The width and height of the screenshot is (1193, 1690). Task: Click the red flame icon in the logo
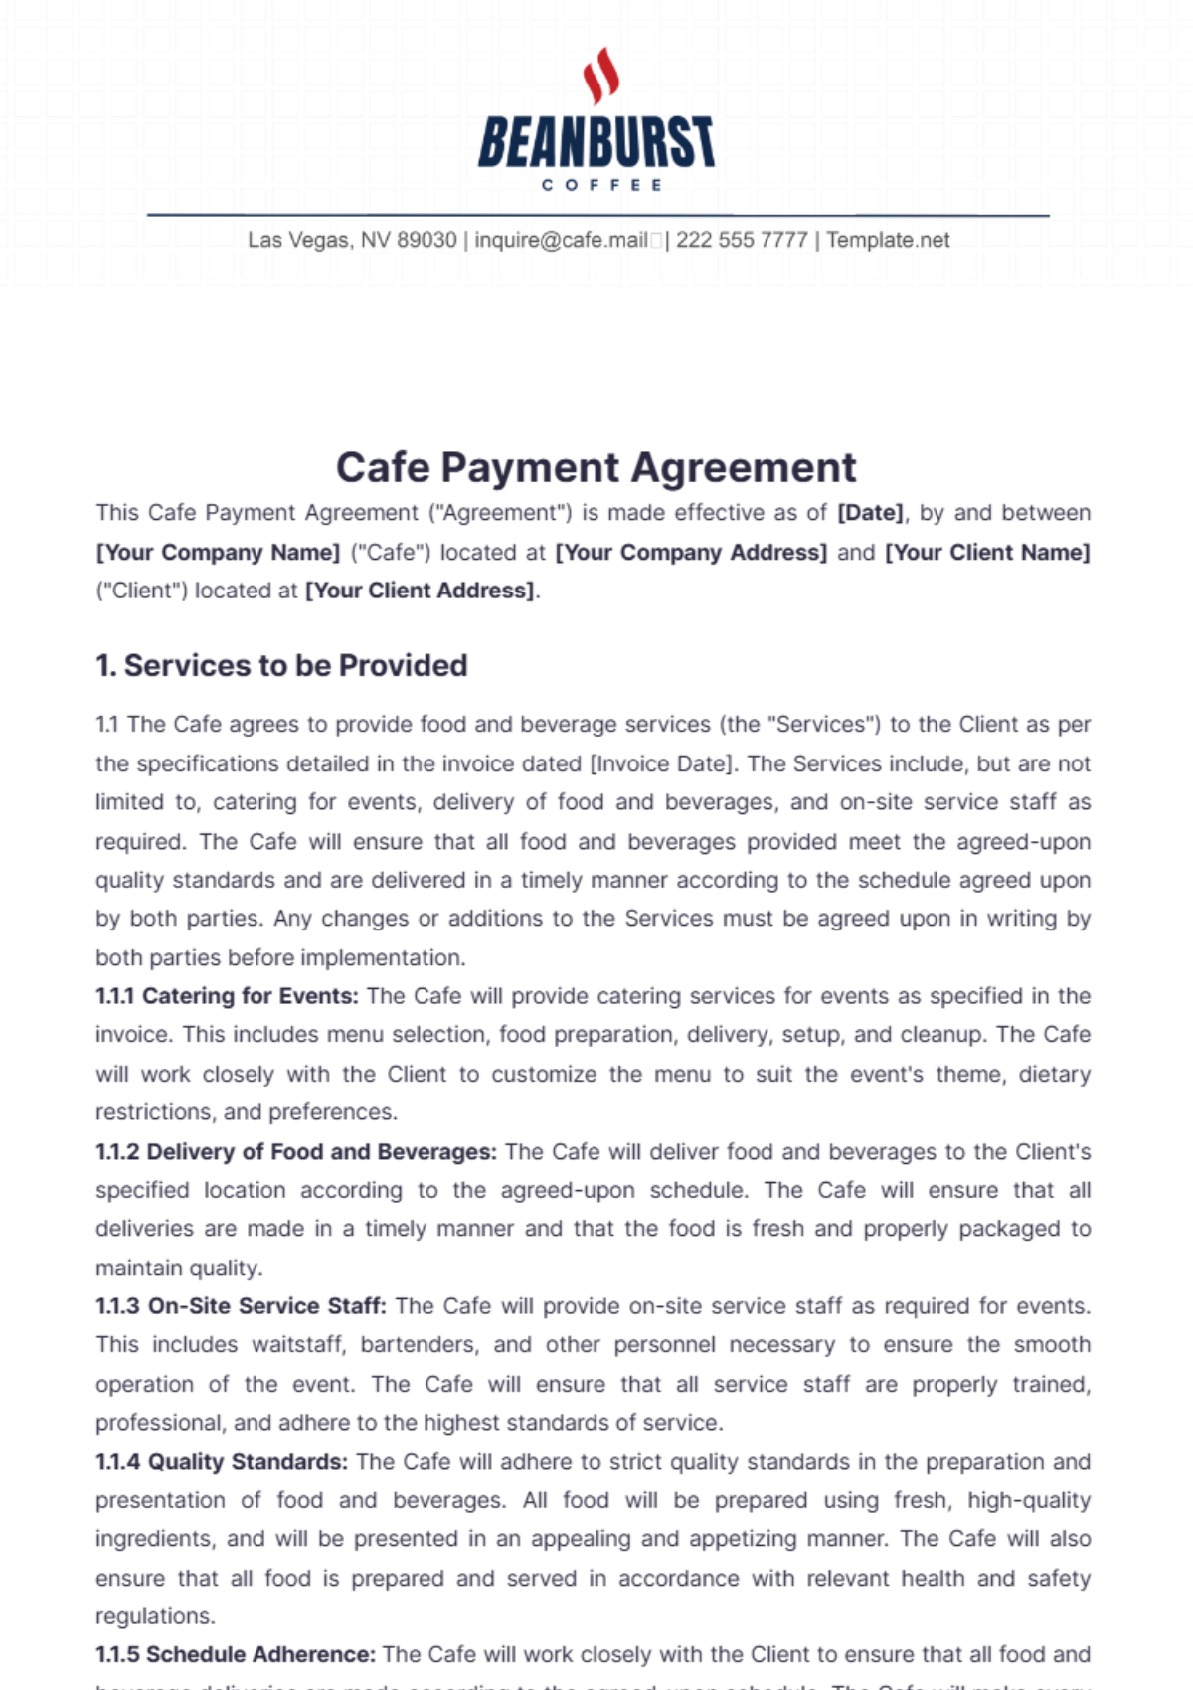point(600,75)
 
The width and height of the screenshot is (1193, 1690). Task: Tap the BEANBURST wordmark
point(596,141)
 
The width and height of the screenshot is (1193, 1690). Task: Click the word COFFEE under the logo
point(601,185)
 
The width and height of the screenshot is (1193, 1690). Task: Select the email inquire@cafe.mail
point(562,240)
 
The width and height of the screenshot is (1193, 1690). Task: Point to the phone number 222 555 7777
point(742,240)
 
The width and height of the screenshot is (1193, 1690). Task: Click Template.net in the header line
point(888,240)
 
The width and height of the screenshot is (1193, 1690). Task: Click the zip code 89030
point(426,240)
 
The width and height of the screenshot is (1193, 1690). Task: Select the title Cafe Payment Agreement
point(596,467)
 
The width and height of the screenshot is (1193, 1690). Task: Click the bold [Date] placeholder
point(871,513)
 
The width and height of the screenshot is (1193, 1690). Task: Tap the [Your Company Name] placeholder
point(218,553)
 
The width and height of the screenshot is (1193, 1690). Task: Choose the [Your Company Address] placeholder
point(691,553)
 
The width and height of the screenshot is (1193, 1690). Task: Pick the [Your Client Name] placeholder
point(987,553)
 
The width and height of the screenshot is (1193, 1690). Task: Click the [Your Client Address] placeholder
point(420,591)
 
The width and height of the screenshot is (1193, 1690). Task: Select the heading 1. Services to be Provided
point(281,665)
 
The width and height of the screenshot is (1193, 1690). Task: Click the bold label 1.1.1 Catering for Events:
point(227,996)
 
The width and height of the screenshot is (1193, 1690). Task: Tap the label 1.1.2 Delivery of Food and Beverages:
point(296,1152)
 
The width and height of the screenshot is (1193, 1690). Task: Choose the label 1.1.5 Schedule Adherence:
point(236,1655)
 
